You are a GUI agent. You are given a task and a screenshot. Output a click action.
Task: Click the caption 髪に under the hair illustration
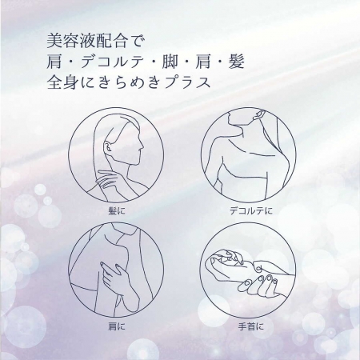[x=116, y=211]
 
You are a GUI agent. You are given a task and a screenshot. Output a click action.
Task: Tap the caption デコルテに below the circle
[x=251, y=211]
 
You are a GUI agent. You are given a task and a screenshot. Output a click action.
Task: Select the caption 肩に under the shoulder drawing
[x=116, y=326]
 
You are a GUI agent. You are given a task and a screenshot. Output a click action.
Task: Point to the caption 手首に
[x=250, y=326]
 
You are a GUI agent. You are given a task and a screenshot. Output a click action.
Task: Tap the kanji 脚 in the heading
[x=170, y=62]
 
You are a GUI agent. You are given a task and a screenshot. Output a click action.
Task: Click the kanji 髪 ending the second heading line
[x=236, y=62]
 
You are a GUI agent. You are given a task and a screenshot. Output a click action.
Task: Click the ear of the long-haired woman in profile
[x=108, y=146]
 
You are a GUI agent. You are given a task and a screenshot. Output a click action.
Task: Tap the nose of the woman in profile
[x=142, y=146]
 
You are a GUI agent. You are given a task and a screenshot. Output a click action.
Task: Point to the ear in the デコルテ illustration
[x=258, y=115]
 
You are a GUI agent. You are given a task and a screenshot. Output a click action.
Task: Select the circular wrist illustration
[x=248, y=270]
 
